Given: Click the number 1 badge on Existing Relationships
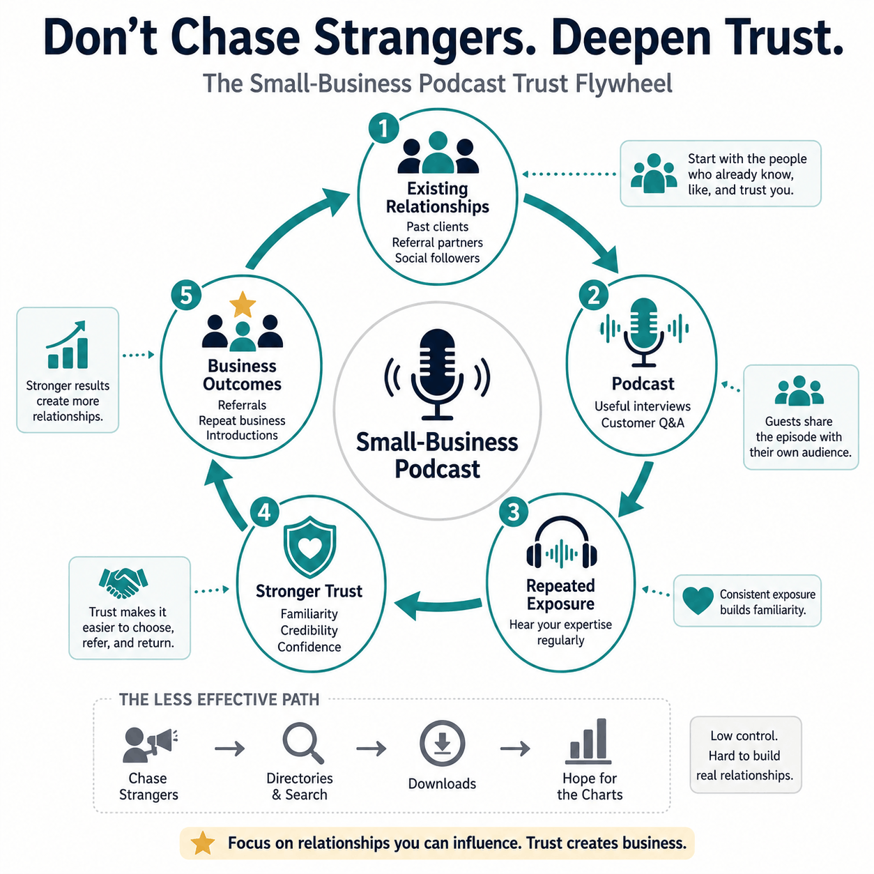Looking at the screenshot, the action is [383, 128].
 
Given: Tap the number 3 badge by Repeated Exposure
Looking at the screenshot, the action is [514, 512].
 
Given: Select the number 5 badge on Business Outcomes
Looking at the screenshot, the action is [186, 296].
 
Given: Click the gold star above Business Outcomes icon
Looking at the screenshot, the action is [243, 304].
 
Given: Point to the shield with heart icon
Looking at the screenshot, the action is [309, 546].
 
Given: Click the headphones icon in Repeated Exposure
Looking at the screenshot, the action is [562, 543].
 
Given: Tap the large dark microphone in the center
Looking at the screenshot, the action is [437, 375].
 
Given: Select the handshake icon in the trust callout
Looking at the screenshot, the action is [123, 583].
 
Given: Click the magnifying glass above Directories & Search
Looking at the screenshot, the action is [303, 744].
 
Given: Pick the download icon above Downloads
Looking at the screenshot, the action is [442, 744].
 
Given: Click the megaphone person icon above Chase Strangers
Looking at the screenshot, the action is [149, 745].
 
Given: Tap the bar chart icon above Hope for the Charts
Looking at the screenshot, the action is [588, 742].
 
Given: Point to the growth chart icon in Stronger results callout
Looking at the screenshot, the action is [67, 345].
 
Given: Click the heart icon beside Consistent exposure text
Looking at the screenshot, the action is [698, 601].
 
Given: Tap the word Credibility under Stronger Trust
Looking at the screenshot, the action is [309, 630].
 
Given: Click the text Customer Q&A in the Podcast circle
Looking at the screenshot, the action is [643, 423].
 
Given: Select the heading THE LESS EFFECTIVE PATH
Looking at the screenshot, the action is [219, 700].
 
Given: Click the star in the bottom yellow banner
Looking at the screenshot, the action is [203, 843].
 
